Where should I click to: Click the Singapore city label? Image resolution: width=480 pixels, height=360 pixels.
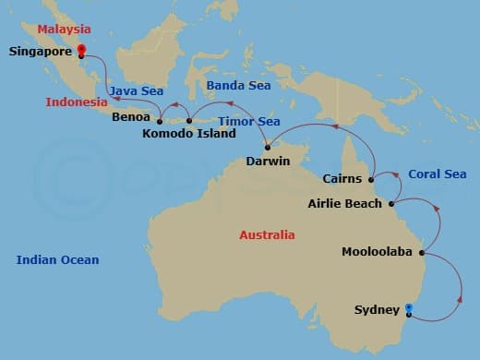[40, 52]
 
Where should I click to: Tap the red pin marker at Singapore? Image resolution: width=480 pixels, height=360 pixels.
[80, 51]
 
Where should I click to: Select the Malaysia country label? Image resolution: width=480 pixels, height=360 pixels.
[63, 30]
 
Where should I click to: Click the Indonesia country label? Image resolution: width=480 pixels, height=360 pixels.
[77, 102]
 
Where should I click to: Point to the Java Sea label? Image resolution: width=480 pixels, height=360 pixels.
[137, 91]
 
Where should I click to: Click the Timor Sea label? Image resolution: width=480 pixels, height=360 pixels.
[248, 121]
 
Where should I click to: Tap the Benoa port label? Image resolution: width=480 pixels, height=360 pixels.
[130, 118]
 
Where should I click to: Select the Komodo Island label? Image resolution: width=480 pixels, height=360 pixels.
[189, 134]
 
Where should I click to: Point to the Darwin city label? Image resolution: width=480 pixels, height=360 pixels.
[268, 162]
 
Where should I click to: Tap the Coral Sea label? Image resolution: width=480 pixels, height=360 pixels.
[437, 174]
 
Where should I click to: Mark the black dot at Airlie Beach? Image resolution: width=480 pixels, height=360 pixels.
[392, 204]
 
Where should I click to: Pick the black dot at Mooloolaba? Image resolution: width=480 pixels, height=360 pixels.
[422, 252]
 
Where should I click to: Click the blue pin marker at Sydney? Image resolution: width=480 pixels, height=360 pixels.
[408, 308]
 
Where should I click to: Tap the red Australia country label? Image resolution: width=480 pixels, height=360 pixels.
[267, 235]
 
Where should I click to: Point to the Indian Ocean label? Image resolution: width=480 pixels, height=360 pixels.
[57, 260]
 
